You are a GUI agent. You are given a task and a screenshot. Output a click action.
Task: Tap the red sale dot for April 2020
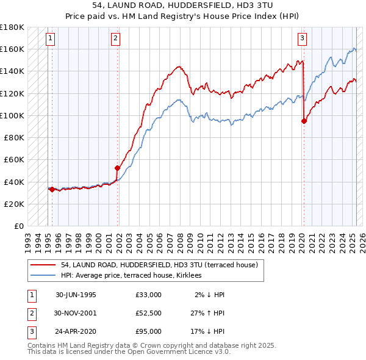click(x=304, y=121)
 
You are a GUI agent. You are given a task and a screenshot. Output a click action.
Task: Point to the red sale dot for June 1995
click(x=52, y=189)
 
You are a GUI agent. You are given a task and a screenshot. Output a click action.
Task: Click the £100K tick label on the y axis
click(x=12, y=115)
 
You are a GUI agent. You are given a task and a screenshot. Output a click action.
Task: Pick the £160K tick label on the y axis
click(x=12, y=49)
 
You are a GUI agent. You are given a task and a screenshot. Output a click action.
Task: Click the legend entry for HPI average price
click(x=135, y=275)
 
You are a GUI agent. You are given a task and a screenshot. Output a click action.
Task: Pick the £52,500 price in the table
click(x=149, y=313)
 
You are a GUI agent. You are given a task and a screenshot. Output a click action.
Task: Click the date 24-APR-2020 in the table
click(x=76, y=331)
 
